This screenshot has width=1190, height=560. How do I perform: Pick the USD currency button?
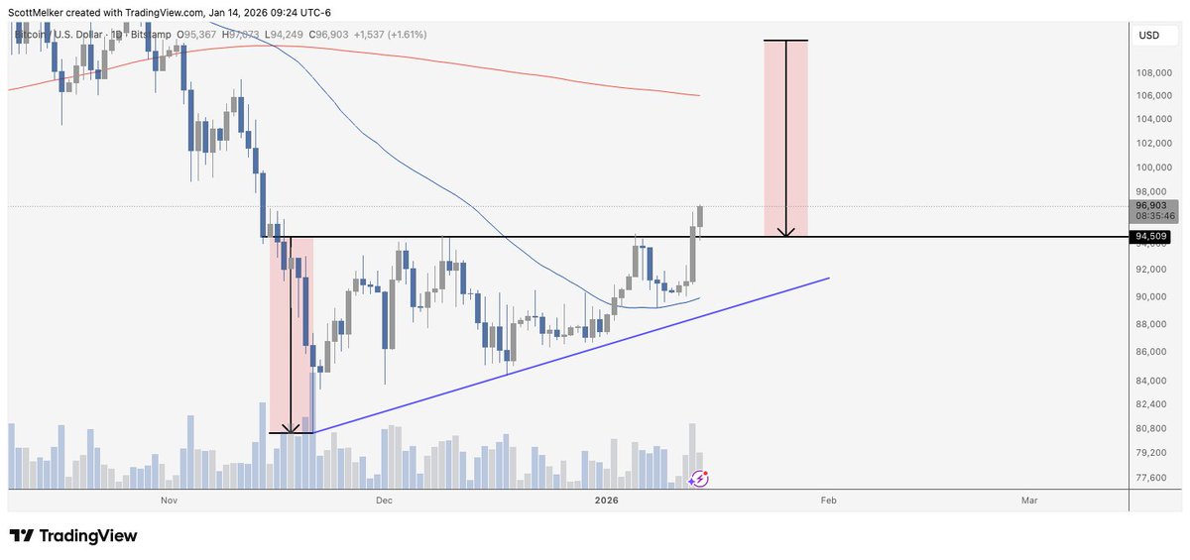point(1149,36)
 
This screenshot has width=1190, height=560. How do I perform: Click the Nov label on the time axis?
point(169,502)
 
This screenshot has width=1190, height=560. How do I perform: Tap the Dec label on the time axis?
point(385,502)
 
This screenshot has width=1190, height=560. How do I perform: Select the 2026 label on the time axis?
point(607,502)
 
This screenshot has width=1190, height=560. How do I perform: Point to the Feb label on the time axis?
point(828,502)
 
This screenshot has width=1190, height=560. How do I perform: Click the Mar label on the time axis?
point(1029,502)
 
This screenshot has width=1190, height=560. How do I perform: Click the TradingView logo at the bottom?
point(73,536)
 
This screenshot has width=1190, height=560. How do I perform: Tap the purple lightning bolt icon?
point(699,479)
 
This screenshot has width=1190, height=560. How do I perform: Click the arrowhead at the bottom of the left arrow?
point(291,430)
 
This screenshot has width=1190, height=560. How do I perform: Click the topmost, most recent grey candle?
point(700,215)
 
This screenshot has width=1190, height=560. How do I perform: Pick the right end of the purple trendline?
point(828,279)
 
